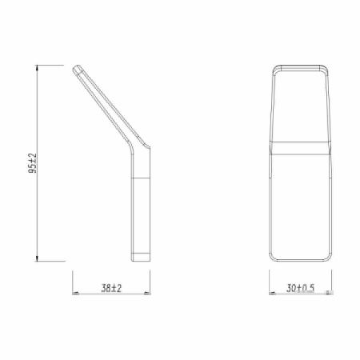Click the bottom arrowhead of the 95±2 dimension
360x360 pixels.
point(39,258)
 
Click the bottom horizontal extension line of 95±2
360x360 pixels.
point(52,262)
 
